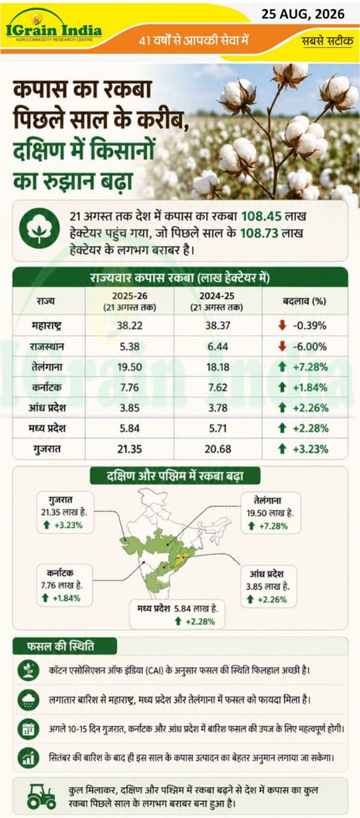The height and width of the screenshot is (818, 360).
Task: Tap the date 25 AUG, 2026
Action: [x=302, y=14]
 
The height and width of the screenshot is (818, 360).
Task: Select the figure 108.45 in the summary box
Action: [x=262, y=217]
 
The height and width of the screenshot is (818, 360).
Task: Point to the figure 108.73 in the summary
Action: [x=260, y=233]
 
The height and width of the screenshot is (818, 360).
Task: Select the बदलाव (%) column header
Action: [x=304, y=301]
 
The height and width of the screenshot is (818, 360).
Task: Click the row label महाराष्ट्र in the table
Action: [x=47, y=325]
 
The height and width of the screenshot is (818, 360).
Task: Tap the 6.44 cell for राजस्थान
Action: [x=218, y=346]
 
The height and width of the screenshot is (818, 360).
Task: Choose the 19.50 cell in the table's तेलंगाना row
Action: [x=130, y=367]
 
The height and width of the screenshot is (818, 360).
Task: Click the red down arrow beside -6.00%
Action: [x=282, y=346]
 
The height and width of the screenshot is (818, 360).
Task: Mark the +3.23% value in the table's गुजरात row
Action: [x=311, y=449]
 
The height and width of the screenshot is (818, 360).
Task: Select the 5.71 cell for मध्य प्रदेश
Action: [x=218, y=428]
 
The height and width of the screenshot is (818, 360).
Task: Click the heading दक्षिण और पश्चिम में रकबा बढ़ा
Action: [x=175, y=476]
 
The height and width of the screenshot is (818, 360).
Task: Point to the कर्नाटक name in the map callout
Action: [x=60, y=572]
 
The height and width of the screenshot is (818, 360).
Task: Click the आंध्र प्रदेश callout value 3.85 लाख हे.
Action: [x=267, y=587]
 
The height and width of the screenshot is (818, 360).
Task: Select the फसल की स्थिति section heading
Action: [x=61, y=647]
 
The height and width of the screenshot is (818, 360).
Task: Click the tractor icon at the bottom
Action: [x=42, y=796]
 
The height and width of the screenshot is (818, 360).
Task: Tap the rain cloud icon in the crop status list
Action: [x=28, y=700]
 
